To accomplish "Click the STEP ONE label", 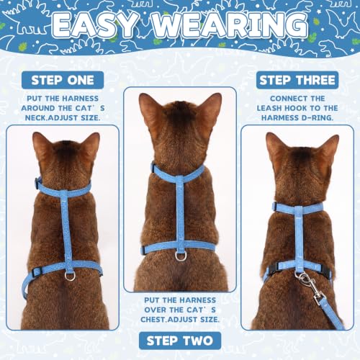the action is [x=63, y=80].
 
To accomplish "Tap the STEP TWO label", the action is [x=180, y=341].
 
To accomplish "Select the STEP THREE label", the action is [x=297, y=80].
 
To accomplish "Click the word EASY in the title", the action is [x=95, y=25].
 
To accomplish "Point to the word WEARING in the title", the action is [x=230, y=25].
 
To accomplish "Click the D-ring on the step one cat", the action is [x=70, y=276].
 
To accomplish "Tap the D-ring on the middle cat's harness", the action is [x=180, y=256].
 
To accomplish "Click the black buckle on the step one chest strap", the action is [x=37, y=272].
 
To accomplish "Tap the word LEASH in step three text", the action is [x=269, y=108].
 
